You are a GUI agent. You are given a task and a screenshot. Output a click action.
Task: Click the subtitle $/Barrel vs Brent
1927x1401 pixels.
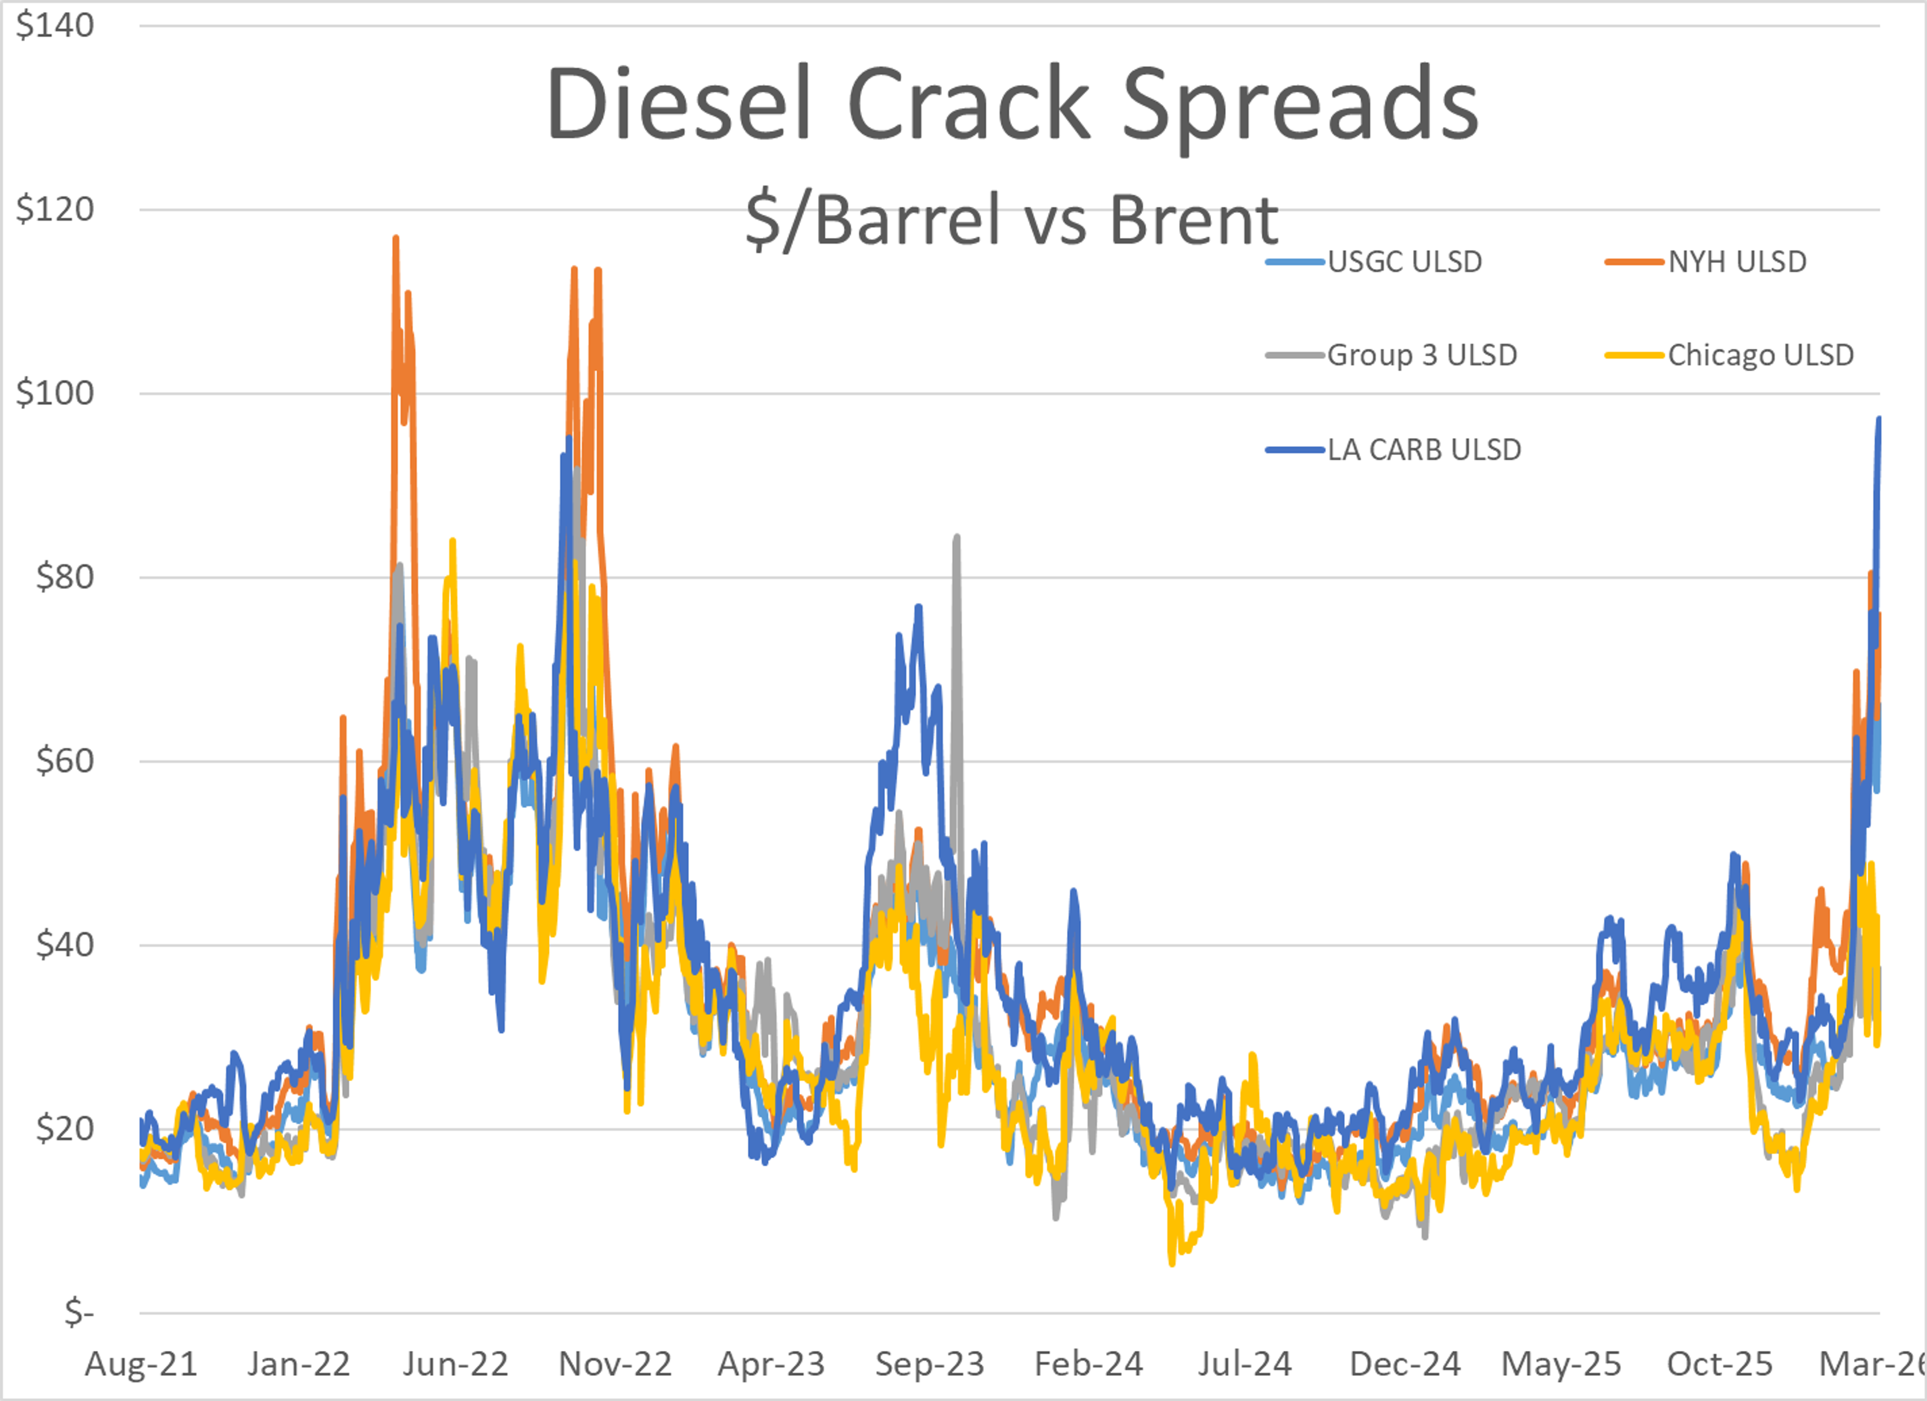[1011, 219]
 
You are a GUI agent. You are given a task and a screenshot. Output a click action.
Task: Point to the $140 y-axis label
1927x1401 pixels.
[55, 26]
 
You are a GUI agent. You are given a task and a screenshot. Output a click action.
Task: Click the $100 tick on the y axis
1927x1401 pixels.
[55, 393]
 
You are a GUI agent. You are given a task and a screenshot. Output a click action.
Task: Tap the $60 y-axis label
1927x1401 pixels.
[65, 760]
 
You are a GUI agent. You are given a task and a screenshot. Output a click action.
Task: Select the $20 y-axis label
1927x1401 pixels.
[65, 1128]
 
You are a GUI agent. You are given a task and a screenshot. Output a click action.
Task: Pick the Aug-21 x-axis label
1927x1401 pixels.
[141, 1364]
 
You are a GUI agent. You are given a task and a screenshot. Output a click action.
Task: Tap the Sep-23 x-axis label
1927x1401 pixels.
[929, 1364]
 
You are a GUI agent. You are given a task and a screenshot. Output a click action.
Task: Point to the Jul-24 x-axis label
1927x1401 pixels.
[1245, 1364]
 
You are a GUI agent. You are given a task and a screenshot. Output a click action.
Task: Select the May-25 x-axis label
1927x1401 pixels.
[1561, 1364]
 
